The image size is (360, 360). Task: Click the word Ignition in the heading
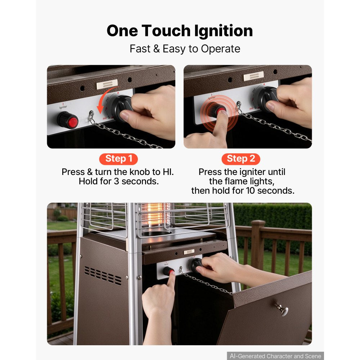click(x=224, y=31)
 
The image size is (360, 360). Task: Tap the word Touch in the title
click(x=166, y=31)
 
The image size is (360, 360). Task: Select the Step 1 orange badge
click(x=118, y=159)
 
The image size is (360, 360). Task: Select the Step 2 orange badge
click(x=241, y=159)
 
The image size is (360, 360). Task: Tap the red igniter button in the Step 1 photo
click(x=73, y=122)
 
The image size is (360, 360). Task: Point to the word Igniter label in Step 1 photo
click(x=63, y=107)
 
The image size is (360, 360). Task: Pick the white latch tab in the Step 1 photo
click(x=107, y=84)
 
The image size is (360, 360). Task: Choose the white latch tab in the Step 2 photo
click(x=253, y=76)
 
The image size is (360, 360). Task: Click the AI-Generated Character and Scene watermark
click(x=275, y=356)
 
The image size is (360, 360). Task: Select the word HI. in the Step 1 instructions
click(x=168, y=172)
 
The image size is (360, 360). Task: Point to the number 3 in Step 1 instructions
click(x=116, y=181)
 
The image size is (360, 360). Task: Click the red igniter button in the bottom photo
click(x=171, y=273)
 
